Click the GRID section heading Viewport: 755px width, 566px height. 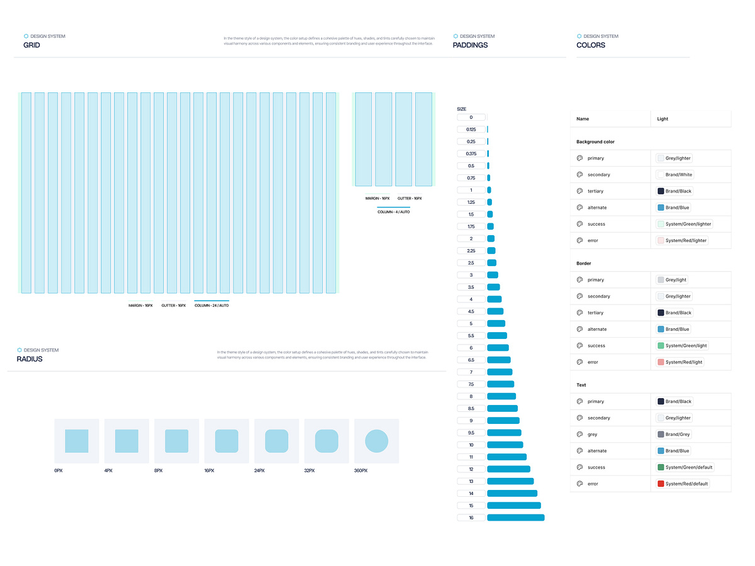tap(31, 45)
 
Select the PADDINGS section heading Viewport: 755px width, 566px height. tap(470, 45)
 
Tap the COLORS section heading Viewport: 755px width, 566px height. tap(591, 45)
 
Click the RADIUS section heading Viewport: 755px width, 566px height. tap(30, 359)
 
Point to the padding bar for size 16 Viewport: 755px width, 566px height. tap(515, 518)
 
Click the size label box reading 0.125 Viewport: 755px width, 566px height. tap(471, 130)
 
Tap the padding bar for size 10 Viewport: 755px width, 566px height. tap(505, 445)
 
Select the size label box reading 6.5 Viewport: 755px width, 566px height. tap(471, 360)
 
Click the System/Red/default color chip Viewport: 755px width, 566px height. tap(683, 484)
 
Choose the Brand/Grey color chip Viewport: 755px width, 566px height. tap(674, 435)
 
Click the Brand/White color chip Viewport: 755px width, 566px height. tap(675, 175)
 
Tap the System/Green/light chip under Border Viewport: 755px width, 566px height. tap(683, 346)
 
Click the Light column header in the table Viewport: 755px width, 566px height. tap(663, 119)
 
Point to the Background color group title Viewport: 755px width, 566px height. tap(595, 142)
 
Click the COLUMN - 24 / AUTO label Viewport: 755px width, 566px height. tap(211, 305)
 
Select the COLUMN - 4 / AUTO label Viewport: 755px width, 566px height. tap(393, 212)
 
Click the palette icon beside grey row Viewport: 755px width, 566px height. tap(579, 435)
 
